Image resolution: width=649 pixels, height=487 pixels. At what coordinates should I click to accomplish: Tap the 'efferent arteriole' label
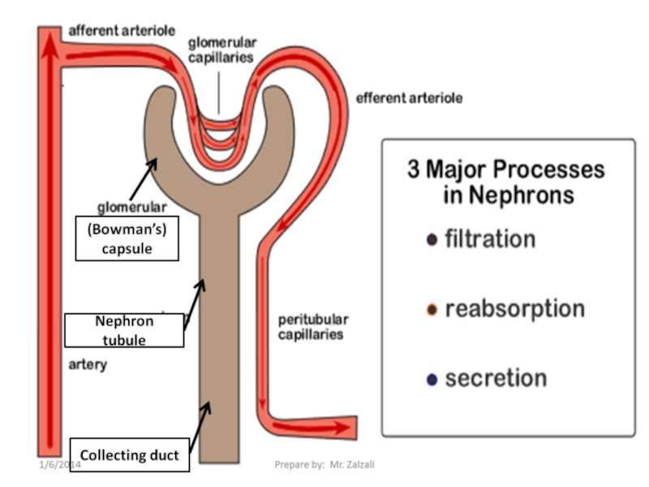pyautogui.click(x=409, y=98)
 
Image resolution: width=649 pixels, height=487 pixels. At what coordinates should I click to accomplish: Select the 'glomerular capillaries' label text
pyautogui.click(x=221, y=50)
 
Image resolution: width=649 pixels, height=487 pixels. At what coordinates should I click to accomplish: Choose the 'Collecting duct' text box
pyautogui.click(x=130, y=455)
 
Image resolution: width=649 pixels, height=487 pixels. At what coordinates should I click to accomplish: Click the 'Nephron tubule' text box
pyautogui.click(x=124, y=330)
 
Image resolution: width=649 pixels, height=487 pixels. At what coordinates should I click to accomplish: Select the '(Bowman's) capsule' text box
pyautogui.click(x=127, y=239)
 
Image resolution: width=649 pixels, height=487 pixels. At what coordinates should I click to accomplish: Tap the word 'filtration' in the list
pyautogui.click(x=490, y=239)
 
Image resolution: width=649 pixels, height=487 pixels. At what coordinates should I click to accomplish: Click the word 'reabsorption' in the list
pyautogui.click(x=514, y=309)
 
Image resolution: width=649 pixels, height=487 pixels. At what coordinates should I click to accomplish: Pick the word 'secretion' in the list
pyautogui.click(x=496, y=378)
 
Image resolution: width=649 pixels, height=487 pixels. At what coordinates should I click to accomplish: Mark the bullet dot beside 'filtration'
pyautogui.click(x=432, y=240)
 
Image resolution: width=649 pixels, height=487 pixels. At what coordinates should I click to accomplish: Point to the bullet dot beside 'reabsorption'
pyautogui.click(x=432, y=310)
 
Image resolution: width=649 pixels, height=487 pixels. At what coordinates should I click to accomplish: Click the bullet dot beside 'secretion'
pyautogui.click(x=432, y=379)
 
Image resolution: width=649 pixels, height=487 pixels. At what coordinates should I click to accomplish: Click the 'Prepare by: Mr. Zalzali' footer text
pyautogui.click(x=324, y=464)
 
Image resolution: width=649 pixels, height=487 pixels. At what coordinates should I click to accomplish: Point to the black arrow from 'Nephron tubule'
pyautogui.click(x=194, y=302)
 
